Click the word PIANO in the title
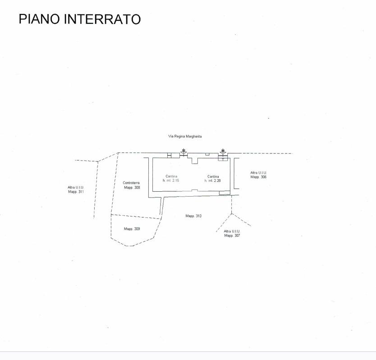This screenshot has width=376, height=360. tap(39, 19)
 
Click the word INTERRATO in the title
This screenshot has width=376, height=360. tap(102, 19)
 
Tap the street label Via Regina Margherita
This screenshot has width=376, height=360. tap(185, 136)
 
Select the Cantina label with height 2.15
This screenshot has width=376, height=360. tap(171, 176)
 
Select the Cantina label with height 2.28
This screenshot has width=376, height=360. tap(213, 176)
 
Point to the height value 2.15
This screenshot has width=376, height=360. tap(175, 180)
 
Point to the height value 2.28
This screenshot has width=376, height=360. tap(217, 180)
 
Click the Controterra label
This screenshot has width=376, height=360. tap(131, 183)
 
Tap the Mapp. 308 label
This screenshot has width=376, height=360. tap(132, 187)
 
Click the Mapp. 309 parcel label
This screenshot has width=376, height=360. tap(132, 229)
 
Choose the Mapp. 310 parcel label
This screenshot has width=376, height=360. tap(193, 216)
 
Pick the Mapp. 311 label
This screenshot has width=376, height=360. tap(76, 192)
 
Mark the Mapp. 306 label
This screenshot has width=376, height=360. tap(258, 177)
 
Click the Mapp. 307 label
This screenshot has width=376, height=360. tap(232, 235)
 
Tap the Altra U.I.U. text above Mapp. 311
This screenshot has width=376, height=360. tap(76, 187)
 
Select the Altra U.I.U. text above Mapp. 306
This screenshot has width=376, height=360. tap(258, 173)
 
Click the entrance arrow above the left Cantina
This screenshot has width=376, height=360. tap(183, 152)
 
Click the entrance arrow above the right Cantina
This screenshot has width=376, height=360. tap(223, 152)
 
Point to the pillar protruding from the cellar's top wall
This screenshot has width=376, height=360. tap(195, 161)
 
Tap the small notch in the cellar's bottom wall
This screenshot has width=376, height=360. tap(194, 190)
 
